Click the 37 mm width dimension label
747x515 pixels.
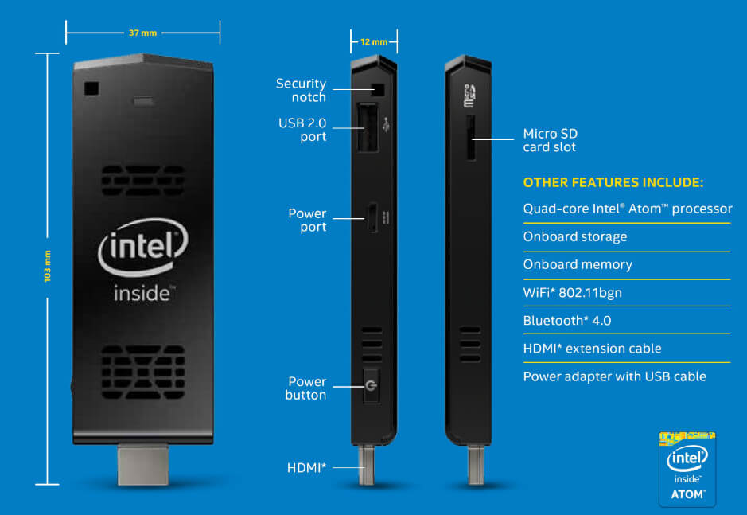coord(142,33)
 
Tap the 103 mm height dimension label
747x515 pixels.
coord(47,266)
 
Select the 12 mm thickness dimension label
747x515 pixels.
coord(374,42)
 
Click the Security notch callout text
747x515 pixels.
coord(301,90)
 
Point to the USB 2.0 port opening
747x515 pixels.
coord(368,127)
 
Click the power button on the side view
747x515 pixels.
coord(372,385)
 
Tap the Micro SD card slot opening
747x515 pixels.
coord(471,138)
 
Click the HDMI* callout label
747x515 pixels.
coord(307,468)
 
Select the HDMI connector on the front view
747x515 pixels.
coord(143,465)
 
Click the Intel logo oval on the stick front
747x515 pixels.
coord(143,247)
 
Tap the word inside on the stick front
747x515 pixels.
coord(142,293)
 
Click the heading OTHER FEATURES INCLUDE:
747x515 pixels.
coord(613,182)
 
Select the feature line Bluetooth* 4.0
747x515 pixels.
coord(567,321)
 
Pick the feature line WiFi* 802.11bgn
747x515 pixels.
coord(572,292)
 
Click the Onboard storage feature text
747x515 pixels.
coord(575,237)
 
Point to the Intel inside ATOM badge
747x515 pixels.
coord(687,469)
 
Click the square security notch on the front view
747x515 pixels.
coord(91,88)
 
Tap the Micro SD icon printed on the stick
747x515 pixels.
coord(469,96)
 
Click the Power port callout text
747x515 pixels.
coord(307,220)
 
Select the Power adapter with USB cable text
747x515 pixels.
coord(615,376)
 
